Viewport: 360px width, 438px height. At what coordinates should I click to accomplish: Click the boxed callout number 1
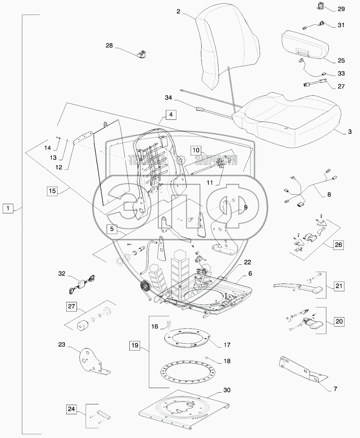click(x=8, y=208)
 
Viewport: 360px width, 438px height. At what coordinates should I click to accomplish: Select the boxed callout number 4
click(x=171, y=115)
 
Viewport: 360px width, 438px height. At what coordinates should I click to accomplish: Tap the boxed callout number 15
click(x=52, y=191)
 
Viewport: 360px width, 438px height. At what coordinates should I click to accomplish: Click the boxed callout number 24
click(x=72, y=410)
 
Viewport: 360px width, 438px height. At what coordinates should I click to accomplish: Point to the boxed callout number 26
click(x=338, y=245)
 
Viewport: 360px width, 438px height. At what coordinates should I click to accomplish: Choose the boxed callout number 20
click(x=339, y=322)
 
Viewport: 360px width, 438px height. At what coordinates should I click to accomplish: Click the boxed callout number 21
click(x=339, y=286)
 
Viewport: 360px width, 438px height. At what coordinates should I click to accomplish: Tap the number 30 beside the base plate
click(x=227, y=390)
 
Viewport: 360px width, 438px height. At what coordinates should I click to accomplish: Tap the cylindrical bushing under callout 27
click(x=84, y=325)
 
